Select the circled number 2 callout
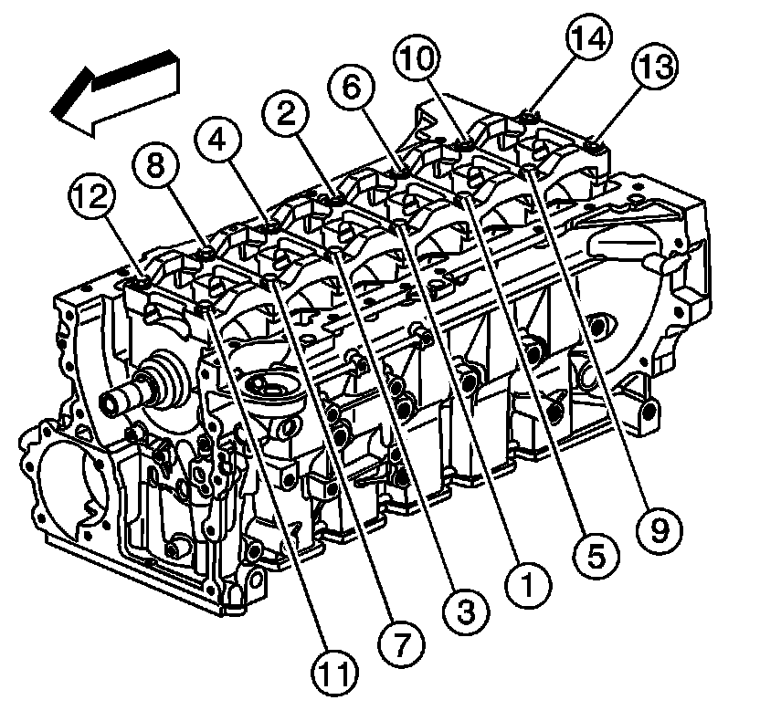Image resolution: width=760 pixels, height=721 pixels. [286, 115]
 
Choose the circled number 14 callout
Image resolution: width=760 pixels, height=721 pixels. [588, 39]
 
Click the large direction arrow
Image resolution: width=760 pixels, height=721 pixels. [114, 91]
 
